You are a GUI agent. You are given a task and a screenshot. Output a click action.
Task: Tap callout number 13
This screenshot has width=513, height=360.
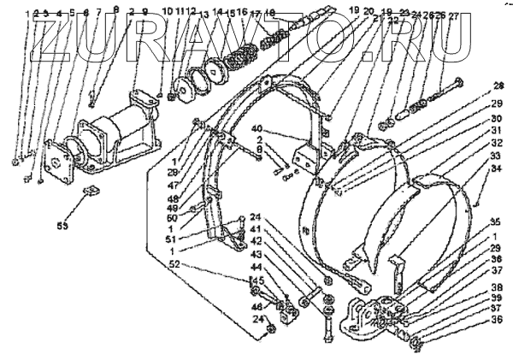pos(203,15)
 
